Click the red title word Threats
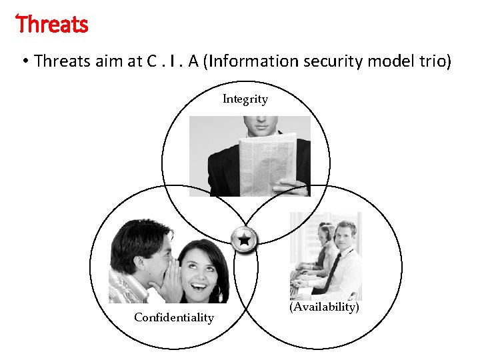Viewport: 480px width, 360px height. [52, 25]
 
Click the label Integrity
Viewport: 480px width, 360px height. [245, 99]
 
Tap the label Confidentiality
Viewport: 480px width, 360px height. [174, 317]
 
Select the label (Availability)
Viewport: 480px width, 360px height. [324, 307]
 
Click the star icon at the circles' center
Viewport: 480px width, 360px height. [245, 239]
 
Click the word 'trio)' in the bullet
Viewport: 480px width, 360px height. [433, 61]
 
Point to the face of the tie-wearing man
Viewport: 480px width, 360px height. [345, 235]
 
